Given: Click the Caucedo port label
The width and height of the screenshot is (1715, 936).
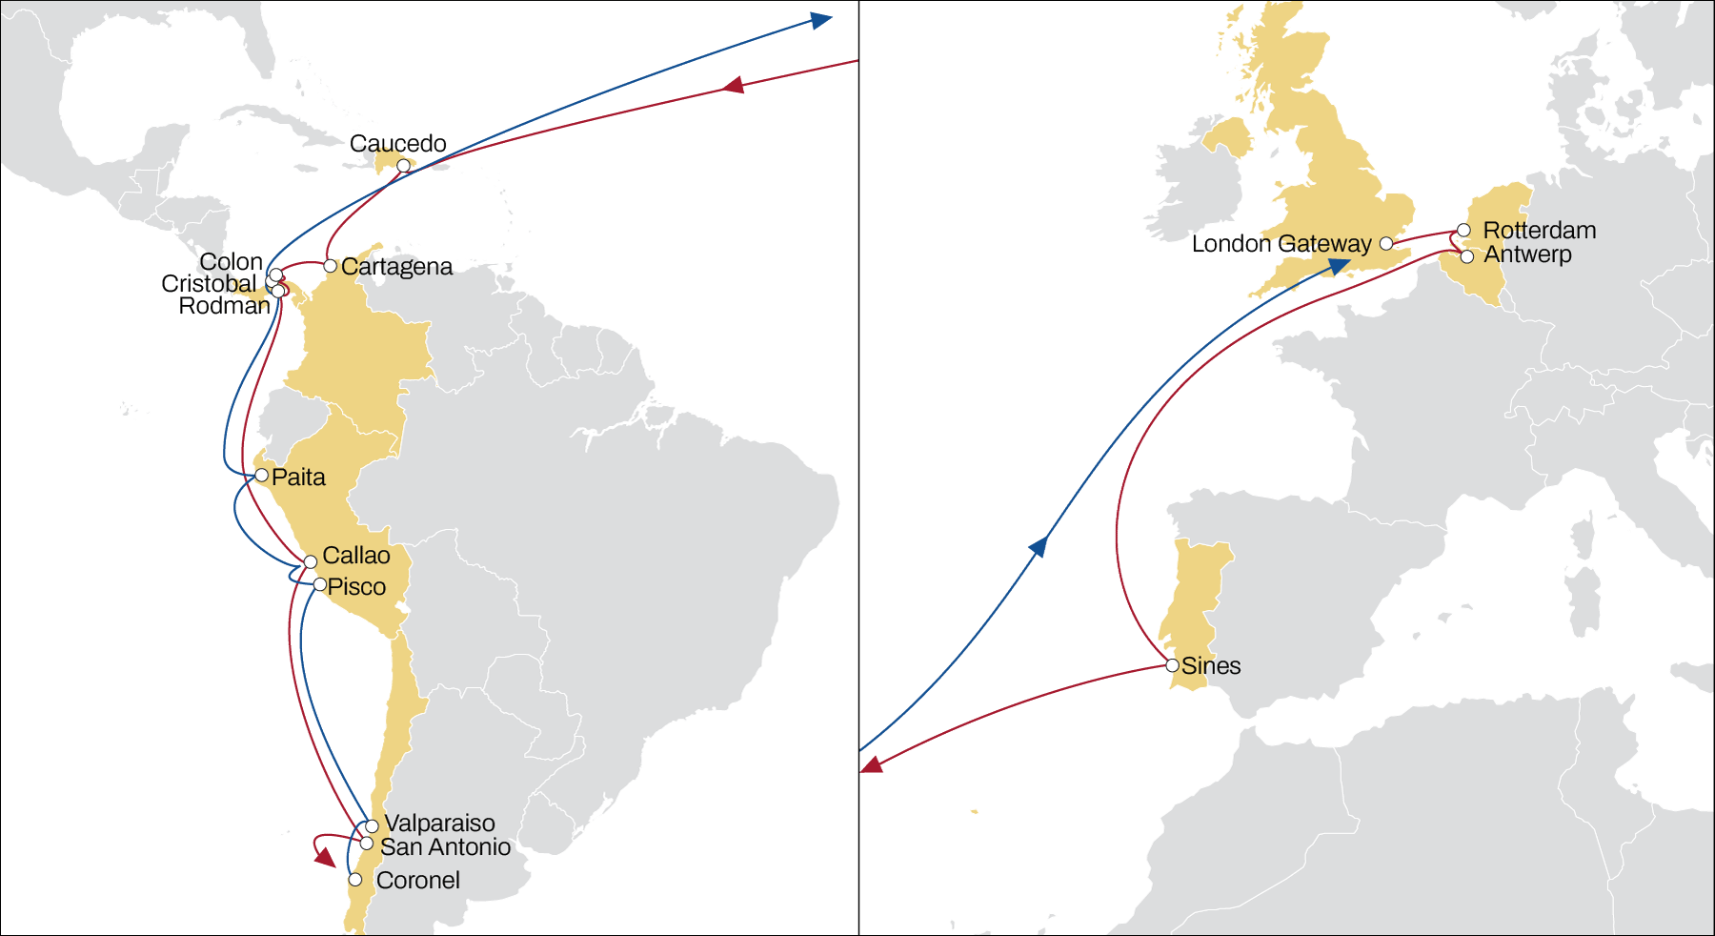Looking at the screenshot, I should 397,144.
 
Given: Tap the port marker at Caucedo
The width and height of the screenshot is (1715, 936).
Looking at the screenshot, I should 403,166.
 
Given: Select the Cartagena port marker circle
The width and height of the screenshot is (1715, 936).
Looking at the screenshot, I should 330,266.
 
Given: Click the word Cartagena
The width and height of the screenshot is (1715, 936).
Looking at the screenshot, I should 396,267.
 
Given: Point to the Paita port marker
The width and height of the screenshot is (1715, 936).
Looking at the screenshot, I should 261,475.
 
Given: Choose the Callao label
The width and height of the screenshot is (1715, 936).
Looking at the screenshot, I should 356,556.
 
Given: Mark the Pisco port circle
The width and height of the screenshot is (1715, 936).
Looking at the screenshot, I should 320,584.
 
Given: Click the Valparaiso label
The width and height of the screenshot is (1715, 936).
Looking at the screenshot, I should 439,824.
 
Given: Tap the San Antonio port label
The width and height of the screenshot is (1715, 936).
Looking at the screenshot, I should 445,847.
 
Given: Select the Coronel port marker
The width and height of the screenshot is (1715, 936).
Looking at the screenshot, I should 354,880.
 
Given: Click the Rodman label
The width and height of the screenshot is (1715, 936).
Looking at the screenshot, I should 225,306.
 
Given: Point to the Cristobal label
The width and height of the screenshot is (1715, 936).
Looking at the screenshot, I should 209,284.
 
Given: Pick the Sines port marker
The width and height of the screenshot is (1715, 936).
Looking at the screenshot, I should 1173,665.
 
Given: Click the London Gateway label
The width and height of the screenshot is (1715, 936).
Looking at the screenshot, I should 1281,244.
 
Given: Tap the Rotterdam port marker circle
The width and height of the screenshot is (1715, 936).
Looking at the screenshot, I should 1463,231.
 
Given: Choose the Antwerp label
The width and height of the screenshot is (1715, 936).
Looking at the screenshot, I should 1527,254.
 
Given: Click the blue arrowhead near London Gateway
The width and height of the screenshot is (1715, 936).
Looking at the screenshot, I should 1340,266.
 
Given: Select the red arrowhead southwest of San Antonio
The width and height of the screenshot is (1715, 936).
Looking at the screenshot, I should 325,857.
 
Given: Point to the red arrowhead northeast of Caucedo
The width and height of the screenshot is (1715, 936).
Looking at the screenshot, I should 733,86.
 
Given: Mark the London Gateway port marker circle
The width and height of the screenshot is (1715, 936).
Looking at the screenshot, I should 1386,244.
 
